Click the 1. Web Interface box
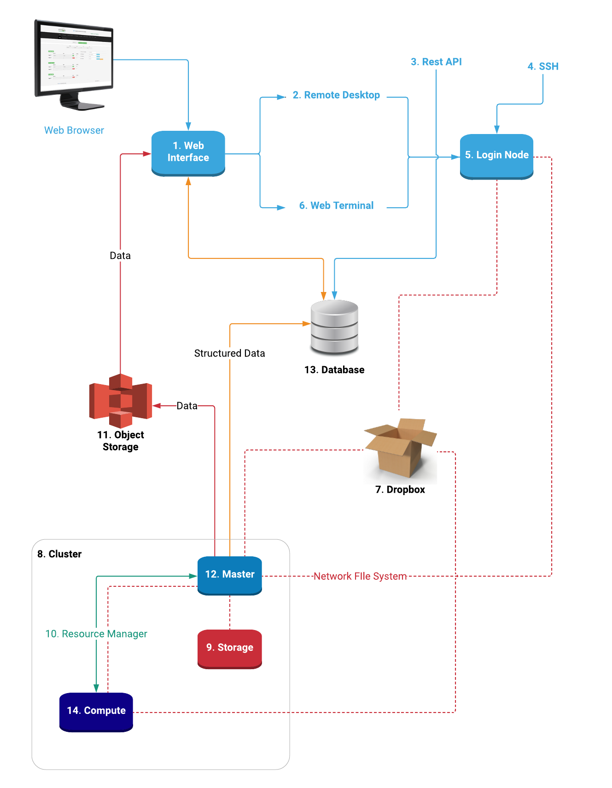click(188, 152)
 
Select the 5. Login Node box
click(496, 156)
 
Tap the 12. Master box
click(229, 575)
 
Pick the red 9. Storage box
click(229, 648)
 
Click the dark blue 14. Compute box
click(96, 711)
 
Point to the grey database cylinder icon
click(334, 327)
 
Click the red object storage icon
click(120, 400)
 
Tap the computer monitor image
click(74, 64)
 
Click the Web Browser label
click(74, 130)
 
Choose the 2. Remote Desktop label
click(336, 95)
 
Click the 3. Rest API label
click(436, 62)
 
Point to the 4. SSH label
click(542, 67)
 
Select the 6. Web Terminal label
click(336, 206)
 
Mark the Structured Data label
click(229, 353)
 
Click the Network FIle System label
click(360, 576)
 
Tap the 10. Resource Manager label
click(96, 634)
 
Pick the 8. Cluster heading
click(59, 554)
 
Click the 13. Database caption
click(334, 370)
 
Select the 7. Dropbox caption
click(400, 490)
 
